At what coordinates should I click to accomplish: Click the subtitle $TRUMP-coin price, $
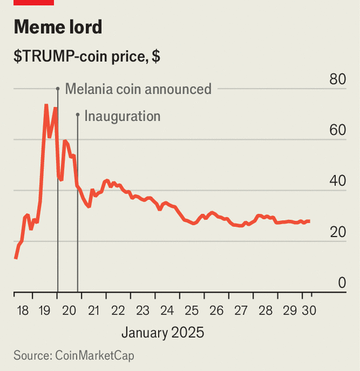(x=87, y=57)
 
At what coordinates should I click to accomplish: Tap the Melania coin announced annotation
(x=138, y=89)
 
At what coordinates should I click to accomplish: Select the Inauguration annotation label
(x=123, y=116)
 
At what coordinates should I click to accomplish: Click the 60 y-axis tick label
(x=337, y=130)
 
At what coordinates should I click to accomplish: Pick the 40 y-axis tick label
(x=337, y=181)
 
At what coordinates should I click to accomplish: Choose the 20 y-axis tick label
(x=337, y=232)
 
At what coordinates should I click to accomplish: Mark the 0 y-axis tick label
(x=342, y=283)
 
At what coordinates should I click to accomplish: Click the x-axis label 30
(x=309, y=310)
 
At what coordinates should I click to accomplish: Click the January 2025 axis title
(x=163, y=332)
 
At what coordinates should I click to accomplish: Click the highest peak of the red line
(x=46, y=105)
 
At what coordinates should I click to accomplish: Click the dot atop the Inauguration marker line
(x=78, y=114)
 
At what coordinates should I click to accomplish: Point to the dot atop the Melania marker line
(x=57, y=88)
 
